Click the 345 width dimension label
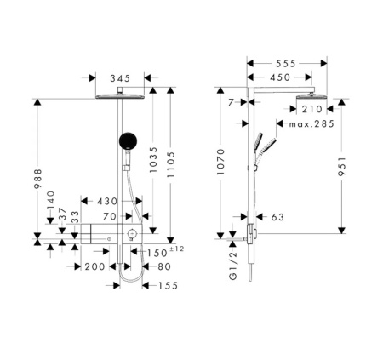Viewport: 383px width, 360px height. tap(120, 78)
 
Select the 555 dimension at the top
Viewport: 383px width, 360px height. tap(285, 64)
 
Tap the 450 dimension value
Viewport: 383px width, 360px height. tap(280, 77)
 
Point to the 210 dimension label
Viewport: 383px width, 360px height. tap(312, 109)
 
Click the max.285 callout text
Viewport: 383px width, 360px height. tap(312, 124)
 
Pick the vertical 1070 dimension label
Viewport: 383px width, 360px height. tap(220, 162)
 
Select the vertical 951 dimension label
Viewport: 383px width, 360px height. tap(342, 166)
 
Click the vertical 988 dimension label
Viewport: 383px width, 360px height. tap(37, 179)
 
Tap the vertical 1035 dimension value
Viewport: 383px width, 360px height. tap(153, 160)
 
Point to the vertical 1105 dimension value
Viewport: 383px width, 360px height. tap(171, 165)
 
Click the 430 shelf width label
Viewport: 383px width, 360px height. tap(107, 202)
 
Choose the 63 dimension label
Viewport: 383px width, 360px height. tap(277, 217)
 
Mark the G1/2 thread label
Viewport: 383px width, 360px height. tap(232, 266)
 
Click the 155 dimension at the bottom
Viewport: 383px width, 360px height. tap(168, 285)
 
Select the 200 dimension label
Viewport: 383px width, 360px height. tap(94, 266)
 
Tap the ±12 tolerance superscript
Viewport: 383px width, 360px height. tap(176, 249)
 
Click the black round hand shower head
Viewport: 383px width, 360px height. tap(129, 140)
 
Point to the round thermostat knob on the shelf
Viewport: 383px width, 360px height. tap(132, 234)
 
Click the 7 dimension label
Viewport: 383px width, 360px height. tap(231, 102)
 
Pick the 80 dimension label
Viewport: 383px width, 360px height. tap(164, 266)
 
